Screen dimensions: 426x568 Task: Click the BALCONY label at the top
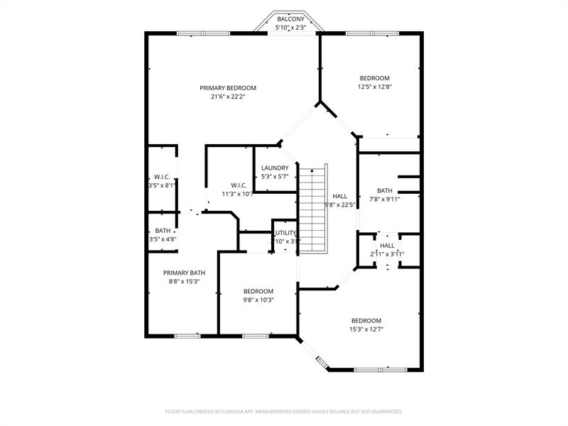290,19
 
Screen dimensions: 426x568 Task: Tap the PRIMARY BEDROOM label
228,88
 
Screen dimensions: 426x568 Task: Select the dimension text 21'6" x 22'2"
228,97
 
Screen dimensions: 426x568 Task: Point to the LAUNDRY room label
275,168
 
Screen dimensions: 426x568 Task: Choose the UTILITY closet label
285,233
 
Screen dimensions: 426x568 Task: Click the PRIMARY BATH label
184,273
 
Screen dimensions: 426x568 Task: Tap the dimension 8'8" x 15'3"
184,281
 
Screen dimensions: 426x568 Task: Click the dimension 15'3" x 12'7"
366,329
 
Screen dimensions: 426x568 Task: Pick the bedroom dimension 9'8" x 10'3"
258,300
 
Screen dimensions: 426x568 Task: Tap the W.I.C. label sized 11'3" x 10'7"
238,185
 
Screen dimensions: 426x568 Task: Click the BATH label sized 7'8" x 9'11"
384,190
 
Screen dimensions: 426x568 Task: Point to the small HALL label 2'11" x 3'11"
387,246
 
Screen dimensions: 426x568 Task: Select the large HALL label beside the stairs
340,196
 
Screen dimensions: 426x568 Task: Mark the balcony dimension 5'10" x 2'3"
290,28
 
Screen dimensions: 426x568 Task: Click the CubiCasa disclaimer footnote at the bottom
284,411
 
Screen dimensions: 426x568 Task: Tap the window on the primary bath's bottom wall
187,335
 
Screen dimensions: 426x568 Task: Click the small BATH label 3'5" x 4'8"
163,231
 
